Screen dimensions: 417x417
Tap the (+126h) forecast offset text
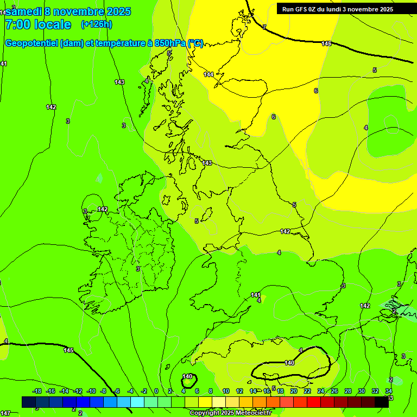[97, 24]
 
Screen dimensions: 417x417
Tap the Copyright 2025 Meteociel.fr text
[230, 413]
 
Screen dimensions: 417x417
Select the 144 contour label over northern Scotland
[208, 74]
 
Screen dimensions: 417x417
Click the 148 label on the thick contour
[326, 43]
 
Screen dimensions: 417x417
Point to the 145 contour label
[68, 350]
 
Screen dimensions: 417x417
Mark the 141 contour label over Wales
[256, 295]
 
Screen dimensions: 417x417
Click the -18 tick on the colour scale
[37, 391]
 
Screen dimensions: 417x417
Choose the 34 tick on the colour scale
[389, 391]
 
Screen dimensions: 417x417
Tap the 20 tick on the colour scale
[293, 391]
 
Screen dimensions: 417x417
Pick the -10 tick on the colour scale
[91, 391]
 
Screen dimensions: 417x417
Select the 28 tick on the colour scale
[347, 391]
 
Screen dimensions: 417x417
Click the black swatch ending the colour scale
[382, 402]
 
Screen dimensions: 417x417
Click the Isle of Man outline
[205, 217]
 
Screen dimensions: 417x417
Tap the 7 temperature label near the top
[264, 27]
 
